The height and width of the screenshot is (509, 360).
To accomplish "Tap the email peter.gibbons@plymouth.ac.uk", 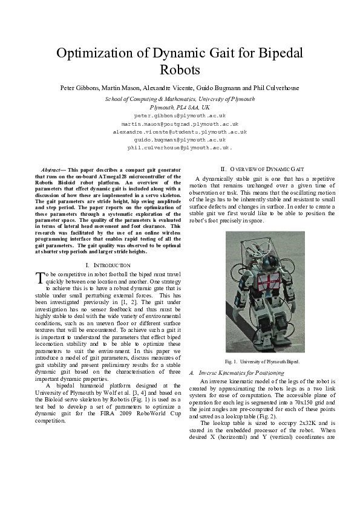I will pyautogui.click(x=180, y=114).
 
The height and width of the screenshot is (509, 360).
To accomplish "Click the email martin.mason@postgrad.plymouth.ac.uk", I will pyautogui.click(x=180, y=123).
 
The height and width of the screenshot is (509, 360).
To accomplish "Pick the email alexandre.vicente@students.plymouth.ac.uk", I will pyautogui.click(x=180, y=131).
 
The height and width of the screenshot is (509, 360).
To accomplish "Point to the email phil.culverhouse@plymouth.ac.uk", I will pyautogui.click(x=180, y=147).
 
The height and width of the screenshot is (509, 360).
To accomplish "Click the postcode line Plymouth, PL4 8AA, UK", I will pyautogui.click(x=180, y=106).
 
